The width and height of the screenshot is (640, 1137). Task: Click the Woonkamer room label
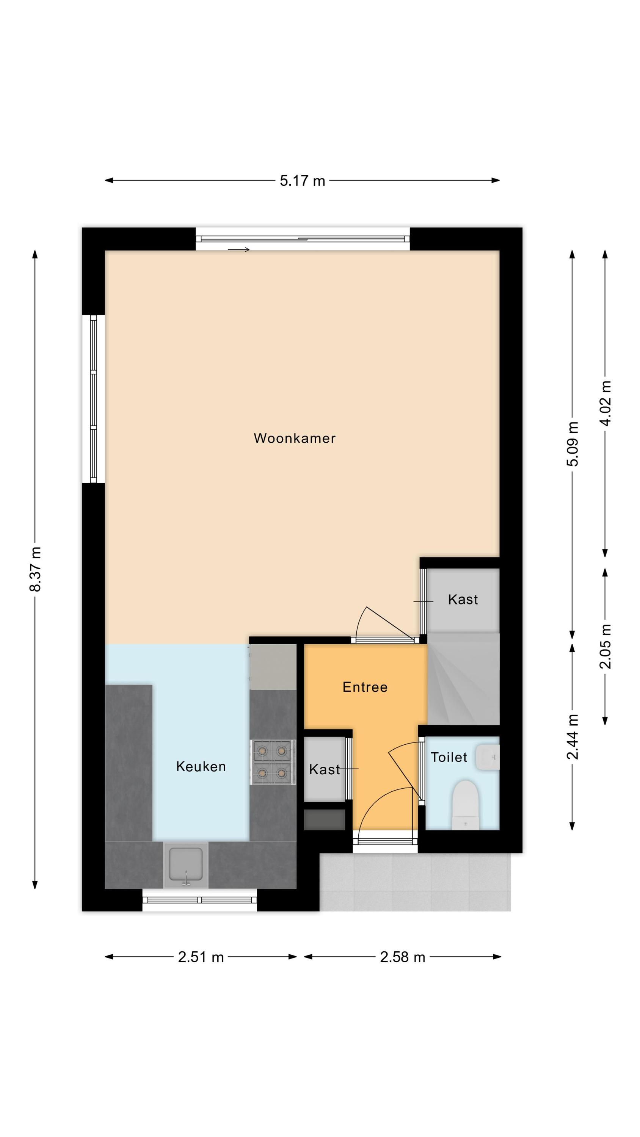pyautogui.click(x=295, y=438)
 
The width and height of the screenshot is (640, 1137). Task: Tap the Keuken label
pyautogui.click(x=201, y=766)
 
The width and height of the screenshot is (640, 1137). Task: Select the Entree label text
pyautogui.click(x=365, y=687)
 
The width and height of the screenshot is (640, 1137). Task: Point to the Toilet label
pyautogui.click(x=449, y=757)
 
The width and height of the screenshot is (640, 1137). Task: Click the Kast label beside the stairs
pyautogui.click(x=463, y=600)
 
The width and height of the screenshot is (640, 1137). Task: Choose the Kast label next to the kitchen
pyautogui.click(x=325, y=769)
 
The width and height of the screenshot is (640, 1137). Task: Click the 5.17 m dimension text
pyautogui.click(x=303, y=180)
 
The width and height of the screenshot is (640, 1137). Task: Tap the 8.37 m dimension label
pyautogui.click(x=35, y=569)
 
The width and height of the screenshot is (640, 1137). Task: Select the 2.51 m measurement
pyautogui.click(x=201, y=957)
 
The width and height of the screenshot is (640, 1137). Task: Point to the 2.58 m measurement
pyautogui.click(x=402, y=957)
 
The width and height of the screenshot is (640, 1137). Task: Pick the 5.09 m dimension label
pyautogui.click(x=573, y=443)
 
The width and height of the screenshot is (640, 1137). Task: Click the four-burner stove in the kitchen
pyautogui.click(x=273, y=762)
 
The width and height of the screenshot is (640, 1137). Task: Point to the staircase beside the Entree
pyautogui.click(x=463, y=678)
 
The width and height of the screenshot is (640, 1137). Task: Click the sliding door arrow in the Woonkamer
pyautogui.click(x=239, y=250)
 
